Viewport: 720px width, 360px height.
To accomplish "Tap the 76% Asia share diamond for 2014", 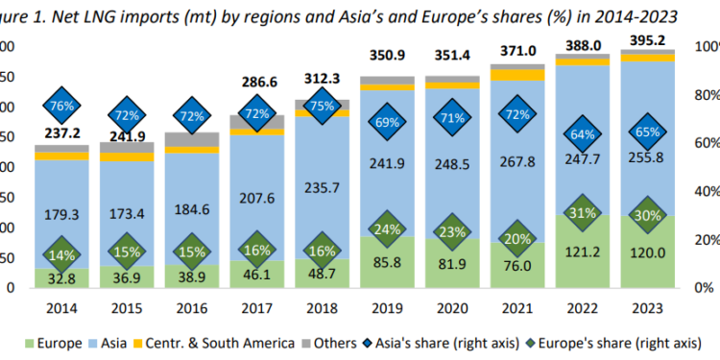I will (61, 106).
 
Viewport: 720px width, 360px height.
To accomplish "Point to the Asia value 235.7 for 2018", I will (322, 187).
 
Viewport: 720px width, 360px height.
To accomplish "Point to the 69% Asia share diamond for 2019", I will (387, 123).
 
